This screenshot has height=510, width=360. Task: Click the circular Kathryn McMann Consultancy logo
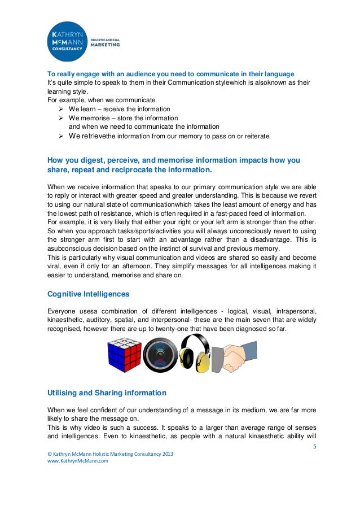68,42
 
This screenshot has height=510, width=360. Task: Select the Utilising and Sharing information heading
106,392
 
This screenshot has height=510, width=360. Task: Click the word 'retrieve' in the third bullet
94,136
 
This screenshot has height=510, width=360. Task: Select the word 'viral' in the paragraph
55,266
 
